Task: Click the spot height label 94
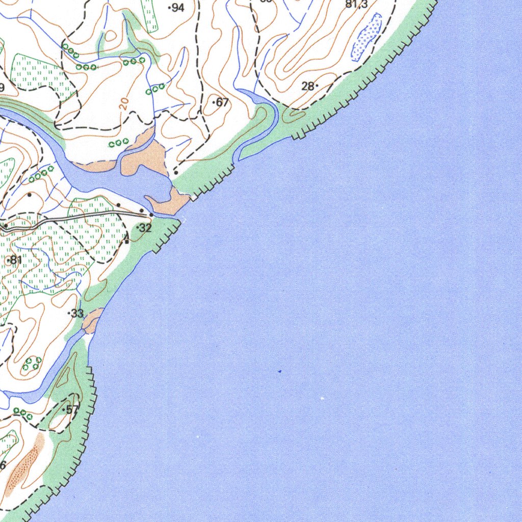click(x=177, y=8)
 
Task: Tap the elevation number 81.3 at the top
click(x=357, y=5)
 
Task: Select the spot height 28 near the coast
click(x=308, y=86)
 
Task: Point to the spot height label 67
click(x=222, y=102)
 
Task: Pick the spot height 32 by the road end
click(x=145, y=228)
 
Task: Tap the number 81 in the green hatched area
click(x=15, y=260)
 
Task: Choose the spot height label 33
click(x=77, y=314)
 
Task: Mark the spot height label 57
click(x=72, y=409)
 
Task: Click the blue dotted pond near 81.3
click(x=367, y=37)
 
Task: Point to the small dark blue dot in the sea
click(x=279, y=372)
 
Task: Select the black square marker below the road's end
click(x=126, y=242)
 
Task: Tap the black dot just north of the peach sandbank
click(x=176, y=173)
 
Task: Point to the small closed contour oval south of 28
click(x=292, y=116)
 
